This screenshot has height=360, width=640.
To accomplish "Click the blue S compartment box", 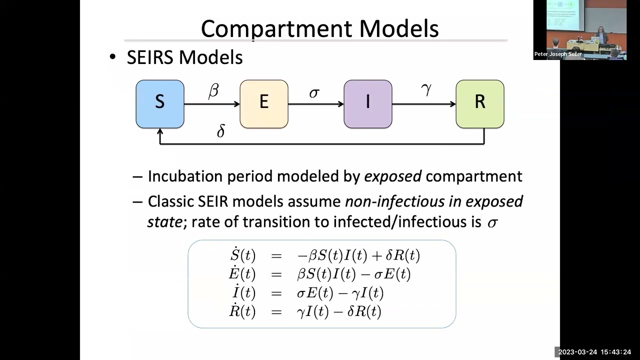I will pos(160,104).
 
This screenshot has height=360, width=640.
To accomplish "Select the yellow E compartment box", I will pos(264,104).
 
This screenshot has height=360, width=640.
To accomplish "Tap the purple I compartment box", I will pos(368,104).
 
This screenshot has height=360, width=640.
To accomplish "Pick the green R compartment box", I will pos(480,104).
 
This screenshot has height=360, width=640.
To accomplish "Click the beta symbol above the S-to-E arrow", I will pos(213,91).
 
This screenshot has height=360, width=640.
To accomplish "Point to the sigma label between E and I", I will pos(314,93).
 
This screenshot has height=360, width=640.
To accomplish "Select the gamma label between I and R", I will pos(426,90).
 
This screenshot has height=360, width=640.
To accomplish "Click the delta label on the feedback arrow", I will pos(221,131).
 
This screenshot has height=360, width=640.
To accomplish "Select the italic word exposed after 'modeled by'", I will pos(392,176).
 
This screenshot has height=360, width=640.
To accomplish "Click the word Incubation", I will pos(185,176).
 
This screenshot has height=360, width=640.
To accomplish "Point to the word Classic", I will pos(170,201).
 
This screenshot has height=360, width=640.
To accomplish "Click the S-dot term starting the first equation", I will pos(242,255).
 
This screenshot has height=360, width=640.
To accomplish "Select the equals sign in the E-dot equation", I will pos(276,274).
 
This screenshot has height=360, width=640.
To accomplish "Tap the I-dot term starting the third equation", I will pos(243,292).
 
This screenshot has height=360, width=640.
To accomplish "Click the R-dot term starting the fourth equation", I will pos(242,311).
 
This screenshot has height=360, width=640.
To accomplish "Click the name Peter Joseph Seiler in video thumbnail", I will pos(558,54).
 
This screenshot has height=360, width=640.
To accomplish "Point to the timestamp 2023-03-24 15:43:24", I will pos(594,352).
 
